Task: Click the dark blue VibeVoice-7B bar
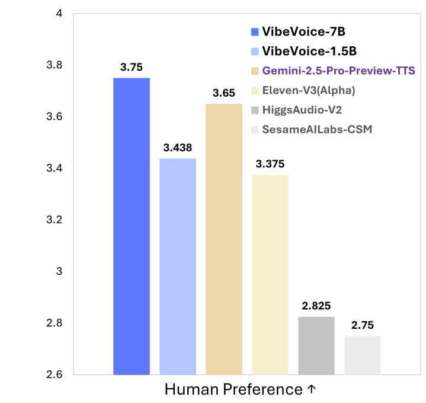point(131,226)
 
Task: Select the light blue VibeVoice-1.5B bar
point(178,266)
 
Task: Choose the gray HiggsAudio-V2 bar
point(316,345)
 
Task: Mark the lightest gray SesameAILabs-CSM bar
point(362,355)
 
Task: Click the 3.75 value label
point(131,67)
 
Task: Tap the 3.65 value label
point(224,93)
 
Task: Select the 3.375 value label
point(270,164)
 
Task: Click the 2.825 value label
point(316,306)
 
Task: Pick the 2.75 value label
point(362,326)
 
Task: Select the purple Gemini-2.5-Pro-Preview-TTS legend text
point(339,71)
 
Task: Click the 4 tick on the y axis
point(59,13)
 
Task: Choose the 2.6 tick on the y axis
point(55,375)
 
